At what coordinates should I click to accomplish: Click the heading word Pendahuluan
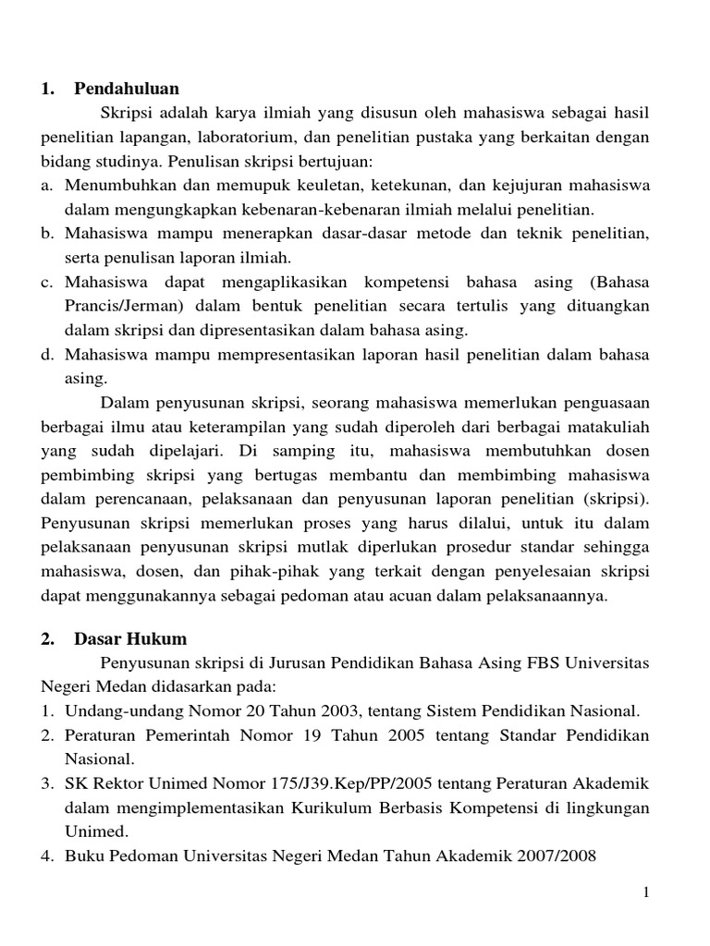pyautogui.click(x=128, y=89)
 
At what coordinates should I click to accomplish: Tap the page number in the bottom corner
pyautogui.click(x=647, y=891)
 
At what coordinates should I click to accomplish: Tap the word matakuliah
pyautogui.click(x=606, y=426)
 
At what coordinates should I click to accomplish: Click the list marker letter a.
pyautogui.click(x=45, y=186)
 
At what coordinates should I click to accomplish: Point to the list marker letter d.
pyautogui.click(x=45, y=354)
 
